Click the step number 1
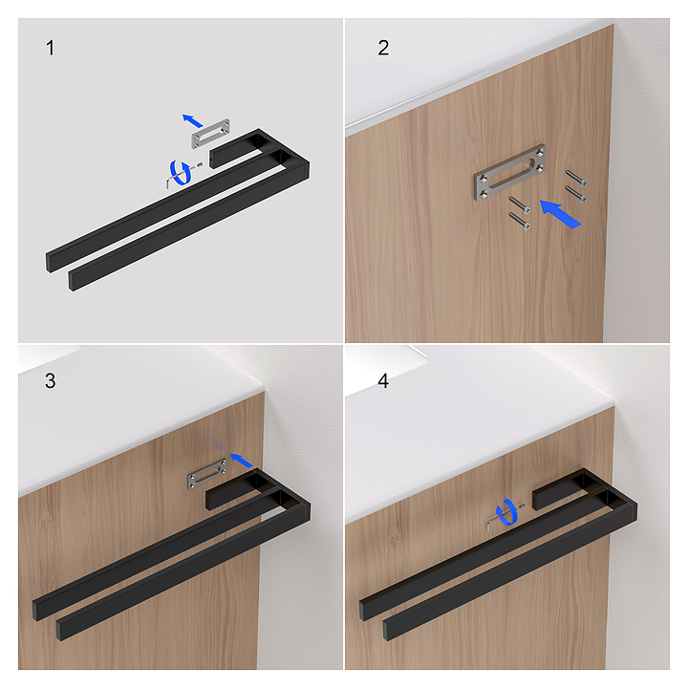click(x=50, y=48)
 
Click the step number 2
click(x=383, y=48)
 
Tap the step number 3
click(x=50, y=381)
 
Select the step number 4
click(x=383, y=381)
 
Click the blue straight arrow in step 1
click(x=192, y=120)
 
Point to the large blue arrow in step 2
click(x=560, y=214)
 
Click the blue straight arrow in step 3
click(x=242, y=461)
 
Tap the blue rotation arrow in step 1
click(x=182, y=172)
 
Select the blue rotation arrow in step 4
click(x=506, y=512)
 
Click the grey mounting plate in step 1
click(x=210, y=134)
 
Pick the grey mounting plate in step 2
click(x=509, y=172)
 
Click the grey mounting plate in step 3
click(x=207, y=473)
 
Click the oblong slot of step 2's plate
click(x=510, y=174)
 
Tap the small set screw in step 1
click(x=200, y=164)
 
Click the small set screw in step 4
click(x=522, y=506)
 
